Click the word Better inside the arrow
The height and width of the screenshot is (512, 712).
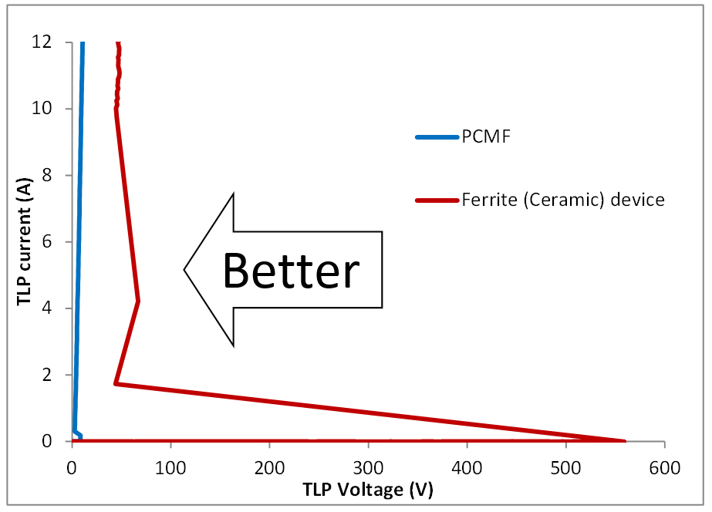(x=292, y=271)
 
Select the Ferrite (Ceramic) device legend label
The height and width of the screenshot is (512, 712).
(x=562, y=200)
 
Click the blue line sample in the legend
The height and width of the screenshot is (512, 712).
(x=437, y=137)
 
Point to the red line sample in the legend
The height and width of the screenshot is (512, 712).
(x=437, y=200)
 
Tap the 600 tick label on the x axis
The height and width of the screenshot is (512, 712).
(x=664, y=467)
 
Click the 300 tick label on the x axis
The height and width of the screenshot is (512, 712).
(x=368, y=467)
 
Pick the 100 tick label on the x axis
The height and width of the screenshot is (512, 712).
(x=170, y=467)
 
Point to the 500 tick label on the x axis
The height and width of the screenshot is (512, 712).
(x=565, y=467)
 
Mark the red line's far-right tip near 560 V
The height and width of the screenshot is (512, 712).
(x=624, y=440)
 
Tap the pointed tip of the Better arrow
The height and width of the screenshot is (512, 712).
(x=184, y=270)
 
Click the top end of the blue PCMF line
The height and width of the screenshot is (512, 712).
(x=83, y=43)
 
